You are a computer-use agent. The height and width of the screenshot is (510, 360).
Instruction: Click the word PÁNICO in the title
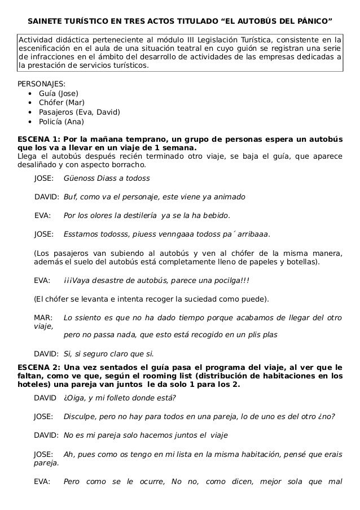pyautogui.click(x=310, y=22)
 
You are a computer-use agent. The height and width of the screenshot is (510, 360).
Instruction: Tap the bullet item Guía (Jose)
pyautogui.click(x=58, y=93)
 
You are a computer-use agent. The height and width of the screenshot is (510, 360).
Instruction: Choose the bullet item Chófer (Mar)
pyautogui.click(x=61, y=103)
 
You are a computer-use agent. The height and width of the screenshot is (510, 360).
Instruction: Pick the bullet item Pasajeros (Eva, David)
pyautogui.click(x=79, y=112)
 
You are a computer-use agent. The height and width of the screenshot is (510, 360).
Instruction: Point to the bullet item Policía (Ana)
pyautogui.click(x=61, y=121)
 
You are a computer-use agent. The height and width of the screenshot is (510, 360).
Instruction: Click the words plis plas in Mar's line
pyautogui.click(x=261, y=334)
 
